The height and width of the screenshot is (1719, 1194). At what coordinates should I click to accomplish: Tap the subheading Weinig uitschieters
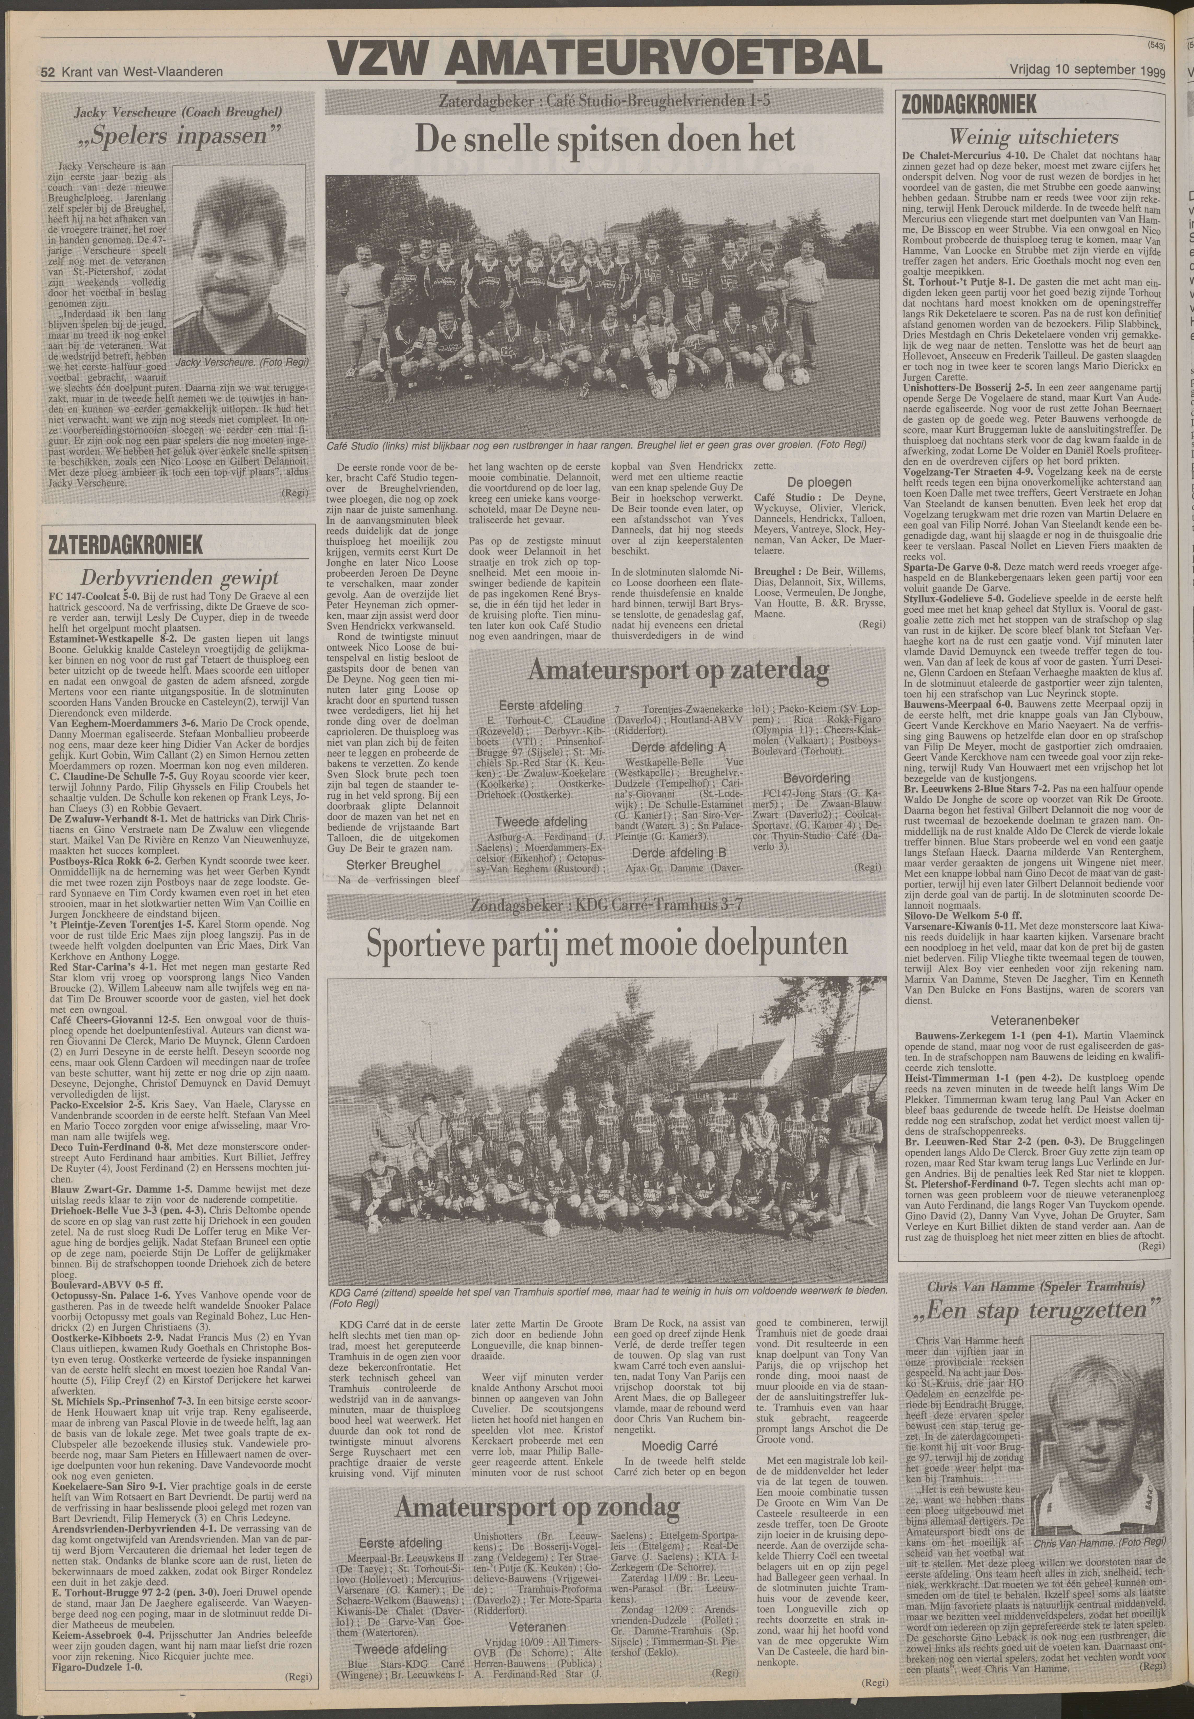pyautogui.click(x=1033, y=137)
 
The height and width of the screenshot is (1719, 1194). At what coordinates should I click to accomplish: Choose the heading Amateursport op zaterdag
pyautogui.click(x=679, y=670)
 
